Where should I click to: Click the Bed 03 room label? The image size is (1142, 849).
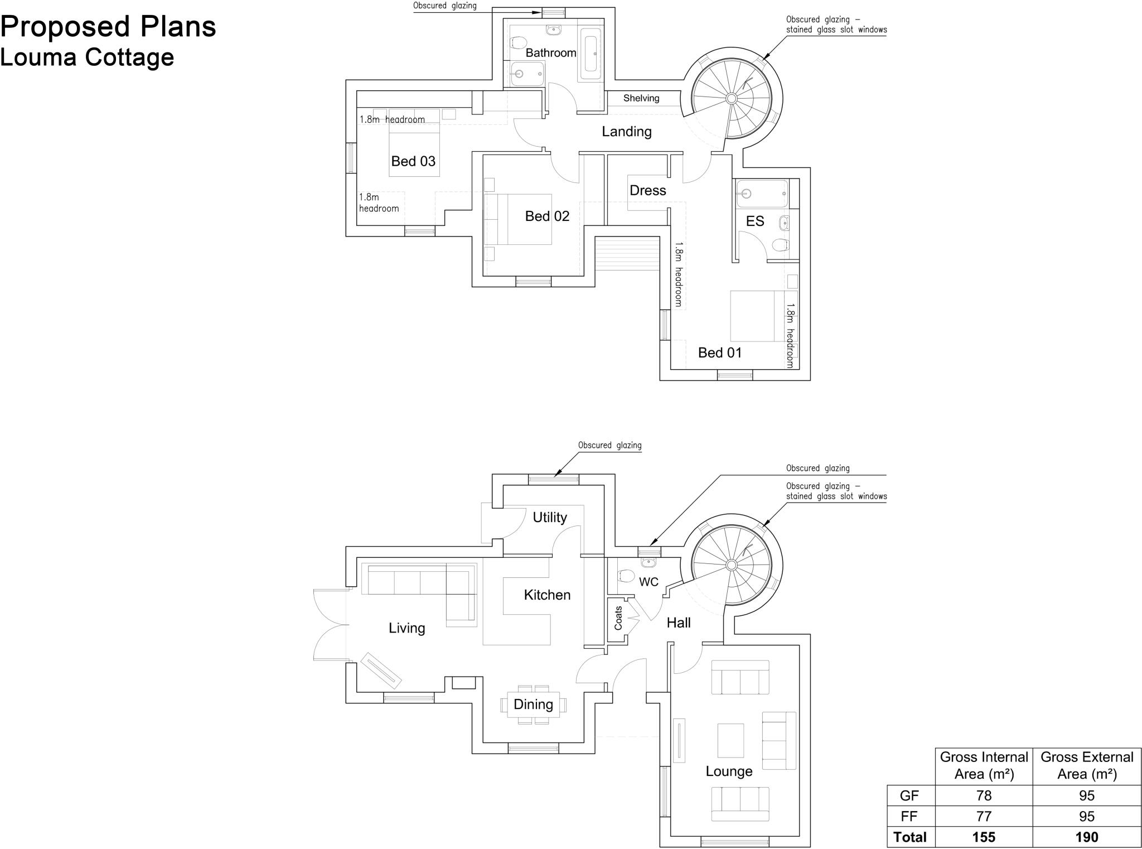[x=413, y=161]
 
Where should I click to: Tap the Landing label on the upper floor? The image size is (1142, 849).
[x=626, y=132]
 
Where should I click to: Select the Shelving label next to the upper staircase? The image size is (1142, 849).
[x=641, y=98]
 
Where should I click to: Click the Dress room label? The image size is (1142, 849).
[x=647, y=191]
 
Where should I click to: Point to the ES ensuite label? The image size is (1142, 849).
[x=754, y=221]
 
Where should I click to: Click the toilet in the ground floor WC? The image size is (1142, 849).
[x=626, y=576]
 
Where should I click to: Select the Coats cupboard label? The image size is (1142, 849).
[x=618, y=618]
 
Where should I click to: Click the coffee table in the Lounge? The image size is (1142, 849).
[x=730, y=740]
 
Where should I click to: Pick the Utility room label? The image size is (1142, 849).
[x=549, y=517]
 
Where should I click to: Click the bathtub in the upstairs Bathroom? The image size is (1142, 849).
[x=591, y=54]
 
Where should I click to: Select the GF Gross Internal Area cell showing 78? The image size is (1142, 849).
[x=984, y=795]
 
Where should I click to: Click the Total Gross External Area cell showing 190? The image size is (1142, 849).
[x=1086, y=837]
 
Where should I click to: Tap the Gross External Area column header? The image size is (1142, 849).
[x=1086, y=765]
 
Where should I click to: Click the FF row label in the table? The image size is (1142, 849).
[x=909, y=817]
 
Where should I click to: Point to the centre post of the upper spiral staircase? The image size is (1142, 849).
[x=732, y=99]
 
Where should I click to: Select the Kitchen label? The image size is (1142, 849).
[x=547, y=595]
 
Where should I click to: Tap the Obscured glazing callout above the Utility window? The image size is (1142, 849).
[x=609, y=445]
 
